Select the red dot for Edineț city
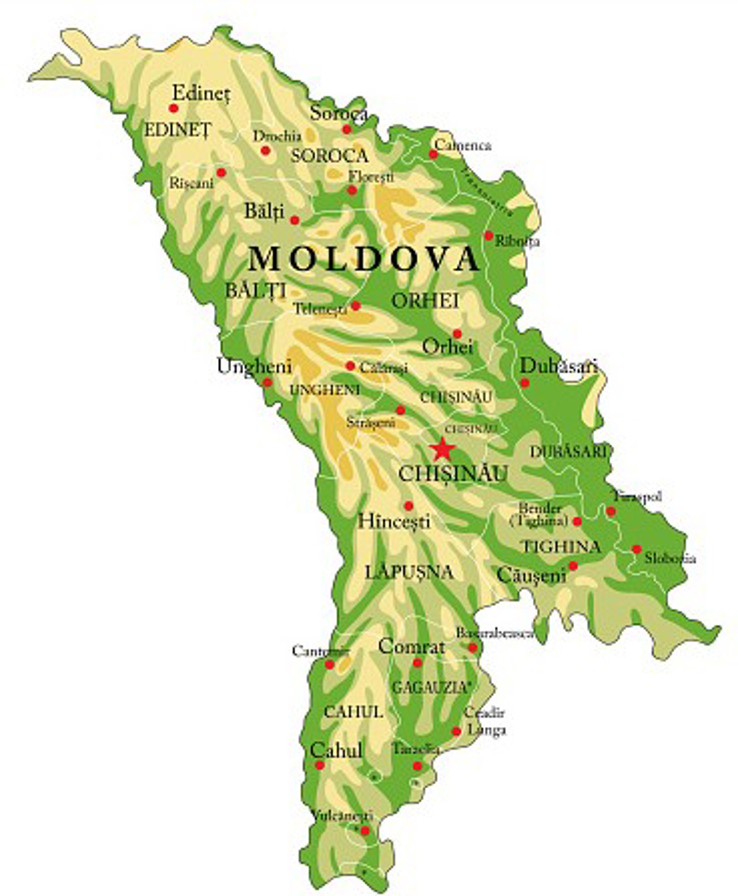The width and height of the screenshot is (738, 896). pos(173,108)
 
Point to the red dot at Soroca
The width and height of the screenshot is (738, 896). pos(347,129)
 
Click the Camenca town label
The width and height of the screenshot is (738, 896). pos(463,145)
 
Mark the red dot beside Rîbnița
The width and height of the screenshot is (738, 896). pos(488,235)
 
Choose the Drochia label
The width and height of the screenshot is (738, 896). pos(277,136)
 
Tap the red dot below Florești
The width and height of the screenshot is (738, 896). pos(352,190)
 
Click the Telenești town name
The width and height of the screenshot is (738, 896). pos(320,309)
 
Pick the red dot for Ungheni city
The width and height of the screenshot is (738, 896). pos(267,382)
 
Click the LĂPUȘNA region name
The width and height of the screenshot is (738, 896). pos(409,572)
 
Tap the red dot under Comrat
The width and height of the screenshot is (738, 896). pos(417,663)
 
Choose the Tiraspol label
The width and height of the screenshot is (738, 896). pos(638,496)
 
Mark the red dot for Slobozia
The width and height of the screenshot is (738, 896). pos(637,549)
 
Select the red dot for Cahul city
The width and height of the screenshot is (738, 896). pos(319,765)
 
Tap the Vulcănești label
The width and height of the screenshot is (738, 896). pos(342,816)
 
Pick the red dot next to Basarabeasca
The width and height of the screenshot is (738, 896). pos(473,648)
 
